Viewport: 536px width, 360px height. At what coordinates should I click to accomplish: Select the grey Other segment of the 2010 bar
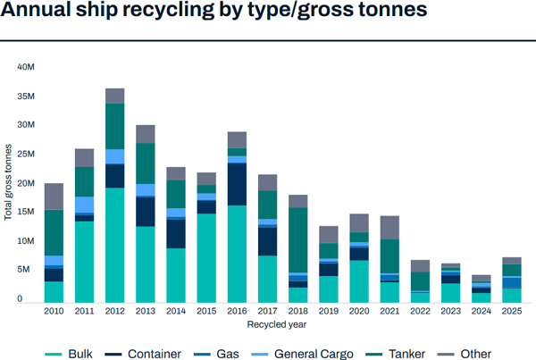tap(54, 197)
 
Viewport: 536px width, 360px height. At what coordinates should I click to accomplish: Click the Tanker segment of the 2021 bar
tap(389, 255)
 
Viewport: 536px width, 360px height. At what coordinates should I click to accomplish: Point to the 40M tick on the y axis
tap(25, 67)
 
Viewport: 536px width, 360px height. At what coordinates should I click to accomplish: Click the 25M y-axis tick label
tap(25, 154)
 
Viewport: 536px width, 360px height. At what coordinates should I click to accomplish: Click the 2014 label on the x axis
tap(176, 312)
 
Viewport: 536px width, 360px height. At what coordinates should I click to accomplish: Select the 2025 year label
tap(511, 312)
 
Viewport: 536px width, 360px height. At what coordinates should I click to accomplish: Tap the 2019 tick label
tap(328, 312)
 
